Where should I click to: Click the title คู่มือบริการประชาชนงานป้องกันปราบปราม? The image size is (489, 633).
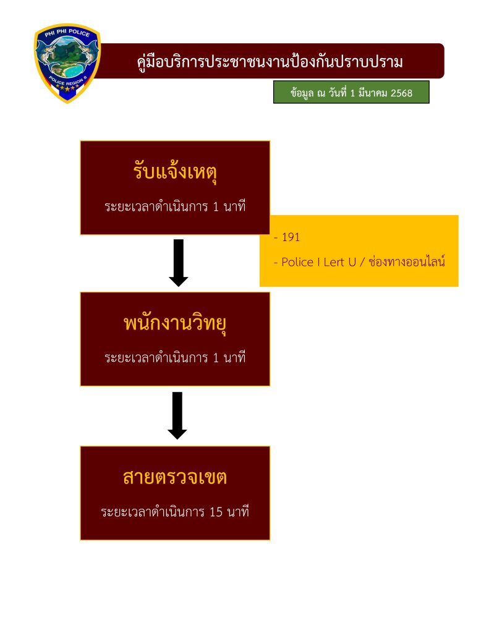[x=270, y=62]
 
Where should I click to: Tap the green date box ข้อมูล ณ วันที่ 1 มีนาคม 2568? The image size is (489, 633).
[x=351, y=93]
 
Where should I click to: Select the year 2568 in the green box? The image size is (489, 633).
[x=399, y=93]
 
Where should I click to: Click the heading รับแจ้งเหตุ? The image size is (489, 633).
[x=175, y=171]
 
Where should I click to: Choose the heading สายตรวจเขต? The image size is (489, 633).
[x=175, y=477]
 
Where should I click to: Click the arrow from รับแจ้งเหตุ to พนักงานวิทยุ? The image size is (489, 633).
[x=179, y=263]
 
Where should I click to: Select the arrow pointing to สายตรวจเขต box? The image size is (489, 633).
[x=177, y=415]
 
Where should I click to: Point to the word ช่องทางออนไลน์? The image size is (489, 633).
[x=407, y=261]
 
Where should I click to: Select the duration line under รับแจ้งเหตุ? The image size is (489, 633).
[x=175, y=206]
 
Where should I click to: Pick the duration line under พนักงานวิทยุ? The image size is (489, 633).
[x=175, y=357]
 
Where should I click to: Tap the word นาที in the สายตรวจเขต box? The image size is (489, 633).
[x=238, y=512]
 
